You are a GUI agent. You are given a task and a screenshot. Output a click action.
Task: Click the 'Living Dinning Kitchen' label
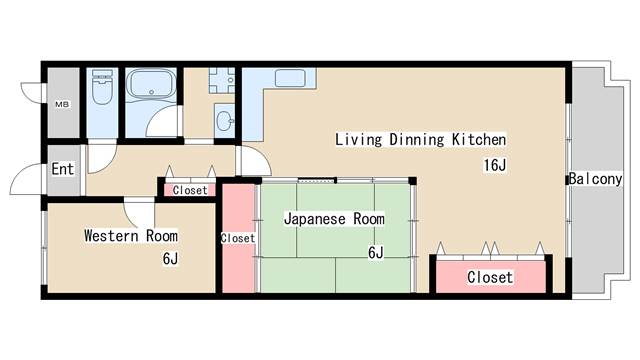coord(420,140)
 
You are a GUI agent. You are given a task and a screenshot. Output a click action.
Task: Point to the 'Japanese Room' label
coord(333,218)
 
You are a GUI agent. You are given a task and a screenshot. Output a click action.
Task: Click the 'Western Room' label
coord(130,236)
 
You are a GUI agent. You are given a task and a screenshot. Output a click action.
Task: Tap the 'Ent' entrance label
coord(62,169)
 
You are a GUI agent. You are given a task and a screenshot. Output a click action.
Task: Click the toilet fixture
coord(102,93)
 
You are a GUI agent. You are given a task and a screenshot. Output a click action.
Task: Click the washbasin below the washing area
coord(223,124)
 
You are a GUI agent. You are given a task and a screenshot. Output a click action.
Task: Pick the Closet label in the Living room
coord(490,277)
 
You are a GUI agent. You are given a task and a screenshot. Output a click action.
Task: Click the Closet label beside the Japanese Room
coord(237,239)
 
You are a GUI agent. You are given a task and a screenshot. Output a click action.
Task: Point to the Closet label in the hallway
coord(190,190)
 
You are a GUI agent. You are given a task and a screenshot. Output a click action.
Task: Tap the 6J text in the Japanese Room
coord(376,253)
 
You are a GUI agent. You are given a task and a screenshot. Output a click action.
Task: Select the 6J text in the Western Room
coord(170,259)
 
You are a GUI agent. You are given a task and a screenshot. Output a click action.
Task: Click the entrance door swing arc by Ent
coord(25,181)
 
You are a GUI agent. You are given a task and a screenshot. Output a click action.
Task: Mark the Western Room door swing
coord(138,213)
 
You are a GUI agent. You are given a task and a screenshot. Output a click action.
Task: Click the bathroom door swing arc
coord(161,122)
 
